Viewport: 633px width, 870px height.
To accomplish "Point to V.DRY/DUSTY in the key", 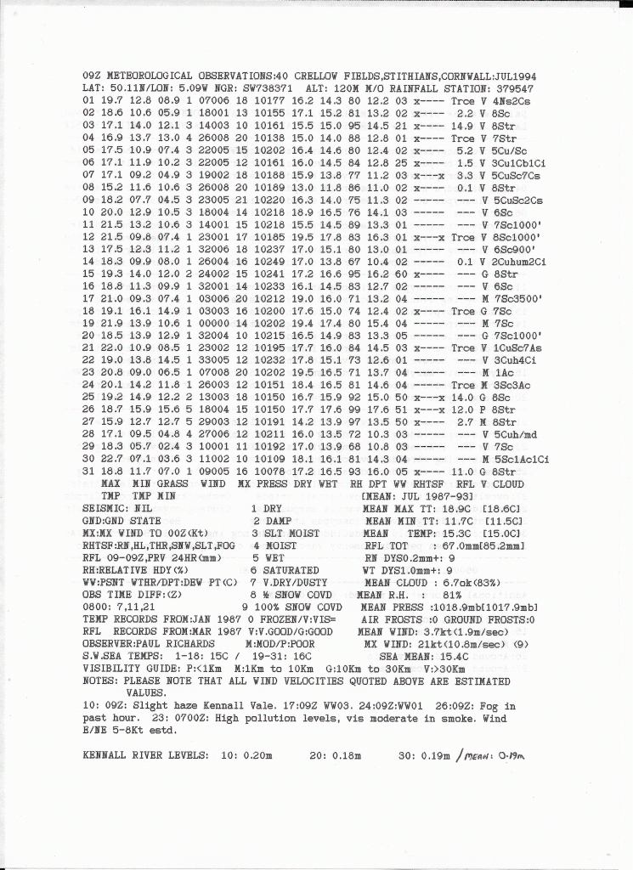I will pyautogui.click(x=295, y=582).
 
